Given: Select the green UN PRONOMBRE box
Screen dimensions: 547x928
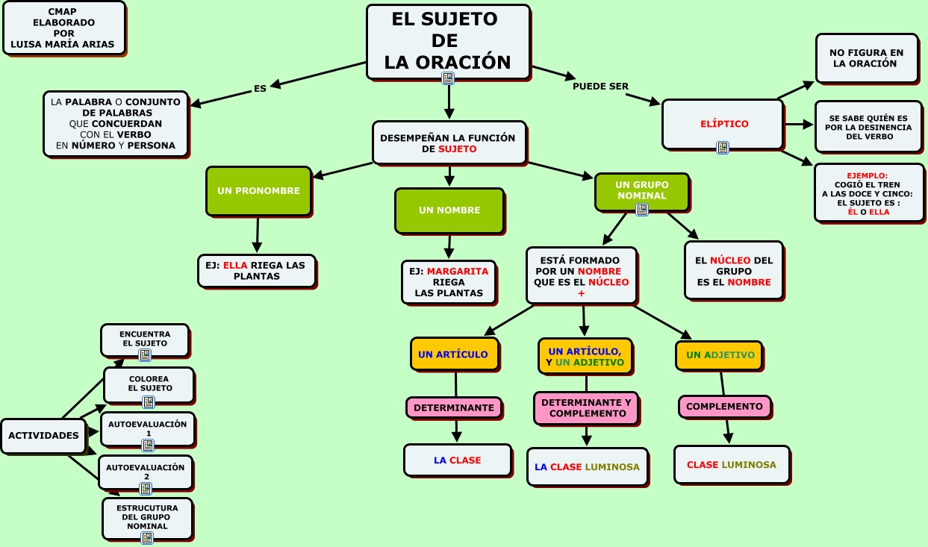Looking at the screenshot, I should click(258, 191).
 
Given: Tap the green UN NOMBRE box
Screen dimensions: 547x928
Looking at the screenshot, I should click(449, 210).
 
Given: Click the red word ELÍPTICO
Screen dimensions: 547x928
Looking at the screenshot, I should click(724, 124).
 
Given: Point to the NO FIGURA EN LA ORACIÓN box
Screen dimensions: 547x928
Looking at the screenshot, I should click(866, 58).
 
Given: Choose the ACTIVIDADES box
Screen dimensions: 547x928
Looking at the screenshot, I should click(44, 436).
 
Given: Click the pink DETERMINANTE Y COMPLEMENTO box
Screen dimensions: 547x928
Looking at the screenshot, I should click(586, 407).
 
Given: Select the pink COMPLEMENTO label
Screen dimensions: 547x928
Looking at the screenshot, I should click(724, 407).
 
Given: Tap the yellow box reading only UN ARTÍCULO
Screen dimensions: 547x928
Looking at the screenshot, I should click(453, 354).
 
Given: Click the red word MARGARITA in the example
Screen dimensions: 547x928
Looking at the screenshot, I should click(458, 272).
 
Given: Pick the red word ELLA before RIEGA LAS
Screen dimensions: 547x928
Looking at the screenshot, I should click(235, 265).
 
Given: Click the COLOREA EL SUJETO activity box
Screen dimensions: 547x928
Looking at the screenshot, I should click(149, 384).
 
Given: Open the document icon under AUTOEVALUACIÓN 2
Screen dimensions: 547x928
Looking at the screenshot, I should click(146, 489).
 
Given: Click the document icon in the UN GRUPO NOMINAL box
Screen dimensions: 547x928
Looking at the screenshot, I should click(641, 210).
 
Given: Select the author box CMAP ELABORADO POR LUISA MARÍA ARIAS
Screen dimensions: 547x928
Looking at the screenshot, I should click(63, 28).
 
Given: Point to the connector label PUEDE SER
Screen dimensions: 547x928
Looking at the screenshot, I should click(600, 86).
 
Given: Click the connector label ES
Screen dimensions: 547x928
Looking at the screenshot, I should click(260, 88).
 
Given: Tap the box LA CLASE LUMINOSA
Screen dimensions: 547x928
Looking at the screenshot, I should click(587, 467).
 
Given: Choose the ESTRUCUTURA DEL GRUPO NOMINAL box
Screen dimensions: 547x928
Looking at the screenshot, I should click(147, 516).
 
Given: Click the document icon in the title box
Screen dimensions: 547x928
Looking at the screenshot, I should click(448, 78).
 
